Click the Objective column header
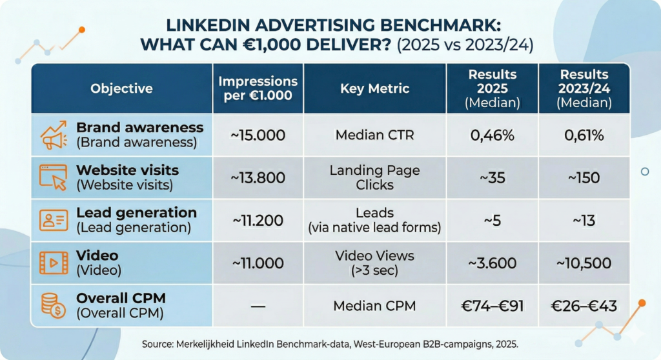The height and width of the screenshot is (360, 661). point(121,88)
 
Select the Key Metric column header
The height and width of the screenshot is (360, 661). point(374,88)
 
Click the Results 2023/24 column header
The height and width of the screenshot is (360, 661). point(584,88)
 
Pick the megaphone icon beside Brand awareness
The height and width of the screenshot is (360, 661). point(54,135)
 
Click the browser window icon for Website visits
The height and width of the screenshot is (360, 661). point(54,177)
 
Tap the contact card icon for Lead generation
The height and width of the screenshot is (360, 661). point(54,220)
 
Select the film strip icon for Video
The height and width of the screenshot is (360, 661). point(54,263)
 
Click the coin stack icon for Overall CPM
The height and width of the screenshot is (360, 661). point(54,305)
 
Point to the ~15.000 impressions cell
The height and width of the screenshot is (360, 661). point(258,135)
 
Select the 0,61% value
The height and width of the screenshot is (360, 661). point(584,135)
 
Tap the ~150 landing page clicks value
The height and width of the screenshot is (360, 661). point(584,178)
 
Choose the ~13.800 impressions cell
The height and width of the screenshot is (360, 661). point(258,178)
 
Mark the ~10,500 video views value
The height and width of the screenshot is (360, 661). point(584,263)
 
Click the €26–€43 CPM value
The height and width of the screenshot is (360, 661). point(584,306)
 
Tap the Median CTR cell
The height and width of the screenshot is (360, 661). point(374,135)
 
